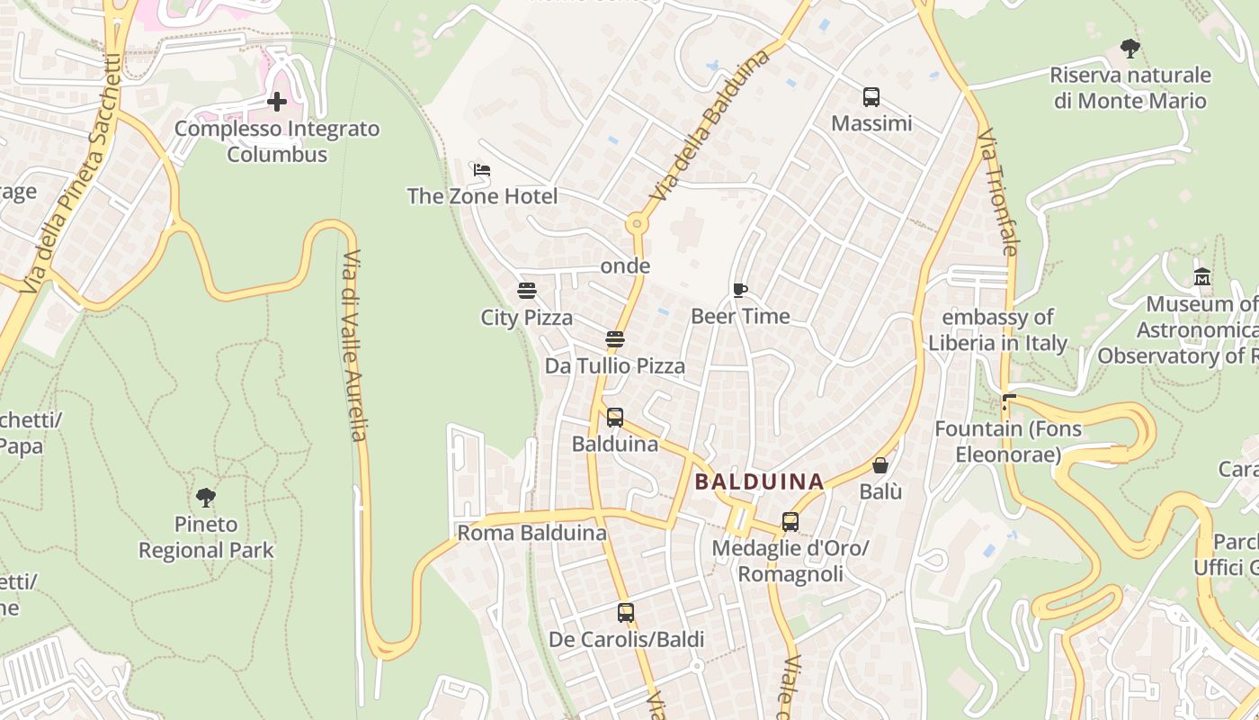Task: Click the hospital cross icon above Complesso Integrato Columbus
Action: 277,102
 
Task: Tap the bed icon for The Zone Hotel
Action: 482,169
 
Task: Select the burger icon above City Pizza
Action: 527,290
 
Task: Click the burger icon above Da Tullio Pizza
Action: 615,339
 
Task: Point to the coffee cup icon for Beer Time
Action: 740,290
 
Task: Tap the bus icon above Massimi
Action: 871,97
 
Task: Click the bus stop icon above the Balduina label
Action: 615,418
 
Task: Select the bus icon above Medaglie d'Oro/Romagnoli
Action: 790,522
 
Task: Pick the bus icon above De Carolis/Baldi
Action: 626,613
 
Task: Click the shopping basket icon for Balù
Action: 880,465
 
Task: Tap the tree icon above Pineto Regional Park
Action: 206,497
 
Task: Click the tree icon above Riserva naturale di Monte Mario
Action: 1130,49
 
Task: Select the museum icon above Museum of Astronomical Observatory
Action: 1202,277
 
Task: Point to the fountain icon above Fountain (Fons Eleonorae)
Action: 1009,402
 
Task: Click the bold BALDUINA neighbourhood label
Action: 760,481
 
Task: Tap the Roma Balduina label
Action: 532,533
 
